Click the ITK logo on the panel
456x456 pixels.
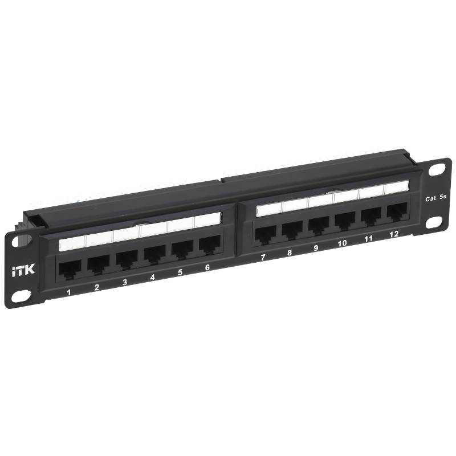click(23, 270)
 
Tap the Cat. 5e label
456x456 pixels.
click(435, 198)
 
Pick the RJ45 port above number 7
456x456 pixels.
click(266, 234)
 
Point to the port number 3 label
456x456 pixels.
click(124, 282)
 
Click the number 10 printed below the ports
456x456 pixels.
click(343, 243)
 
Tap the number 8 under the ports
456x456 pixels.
click(290, 253)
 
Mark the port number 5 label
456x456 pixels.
click(180, 272)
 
